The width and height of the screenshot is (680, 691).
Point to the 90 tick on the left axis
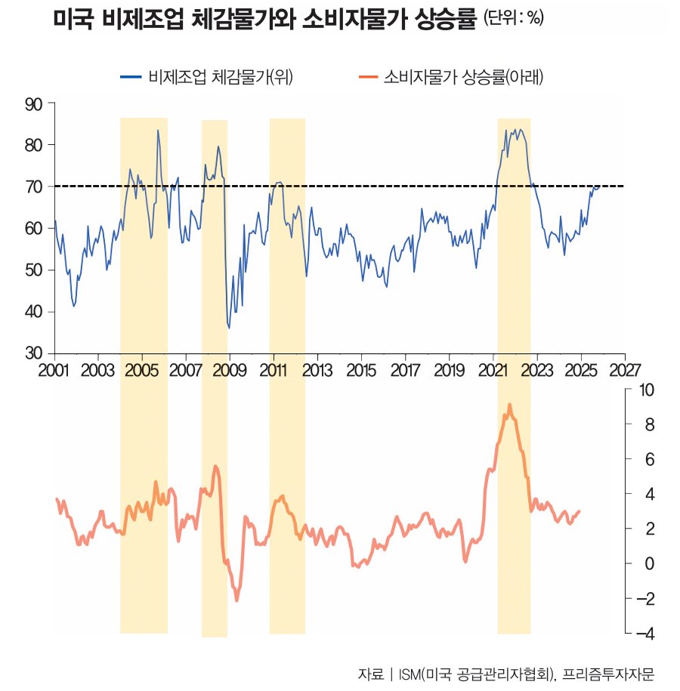tap(35, 103)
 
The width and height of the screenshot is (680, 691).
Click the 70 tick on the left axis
tap(35, 187)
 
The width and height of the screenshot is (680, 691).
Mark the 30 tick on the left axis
tap(35, 353)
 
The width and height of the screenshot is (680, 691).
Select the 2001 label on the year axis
tap(54, 370)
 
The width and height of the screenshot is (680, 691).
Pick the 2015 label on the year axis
tap(361, 370)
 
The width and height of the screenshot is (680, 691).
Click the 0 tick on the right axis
tap(648, 563)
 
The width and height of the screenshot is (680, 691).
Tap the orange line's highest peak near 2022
tap(509, 405)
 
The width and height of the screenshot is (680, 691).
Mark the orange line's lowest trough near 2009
tap(236, 600)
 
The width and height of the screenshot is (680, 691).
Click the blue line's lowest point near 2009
tap(228, 328)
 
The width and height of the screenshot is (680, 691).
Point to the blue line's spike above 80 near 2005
tap(158, 131)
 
